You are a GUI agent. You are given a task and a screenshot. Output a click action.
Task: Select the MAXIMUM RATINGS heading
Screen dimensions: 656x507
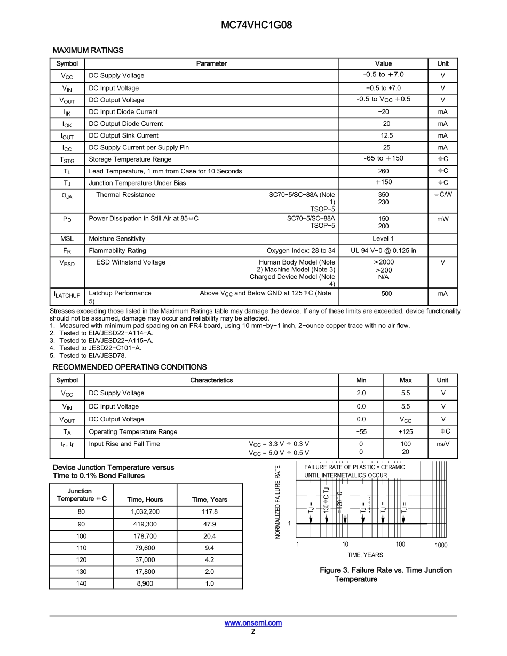coord(88,50)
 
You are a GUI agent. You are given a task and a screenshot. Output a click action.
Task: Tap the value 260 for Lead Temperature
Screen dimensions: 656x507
coord(383,171)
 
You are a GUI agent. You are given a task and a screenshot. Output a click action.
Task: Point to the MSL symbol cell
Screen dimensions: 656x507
coord(67,239)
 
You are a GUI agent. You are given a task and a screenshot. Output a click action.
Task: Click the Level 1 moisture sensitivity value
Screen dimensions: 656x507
coord(383,239)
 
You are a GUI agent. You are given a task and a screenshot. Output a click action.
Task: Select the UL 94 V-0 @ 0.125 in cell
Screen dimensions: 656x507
coord(383,251)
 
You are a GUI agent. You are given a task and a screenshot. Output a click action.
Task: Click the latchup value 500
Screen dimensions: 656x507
coord(383,294)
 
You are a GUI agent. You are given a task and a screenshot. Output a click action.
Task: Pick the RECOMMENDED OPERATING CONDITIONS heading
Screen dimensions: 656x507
coord(130,367)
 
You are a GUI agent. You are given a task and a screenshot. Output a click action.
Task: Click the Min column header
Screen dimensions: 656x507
coord(361,380)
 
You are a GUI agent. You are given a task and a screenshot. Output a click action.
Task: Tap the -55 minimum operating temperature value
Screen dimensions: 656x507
coord(361,432)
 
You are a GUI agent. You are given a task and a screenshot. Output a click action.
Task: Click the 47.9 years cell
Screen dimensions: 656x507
coord(209,524)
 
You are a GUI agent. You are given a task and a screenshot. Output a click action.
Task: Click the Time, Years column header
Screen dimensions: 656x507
coord(209,500)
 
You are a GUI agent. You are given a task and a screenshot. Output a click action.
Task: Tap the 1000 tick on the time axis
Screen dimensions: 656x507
coord(441,545)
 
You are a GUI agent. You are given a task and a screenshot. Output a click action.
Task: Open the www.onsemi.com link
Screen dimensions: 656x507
coord(253,623)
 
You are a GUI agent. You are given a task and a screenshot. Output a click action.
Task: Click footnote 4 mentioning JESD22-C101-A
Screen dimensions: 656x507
coord(96,348)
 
